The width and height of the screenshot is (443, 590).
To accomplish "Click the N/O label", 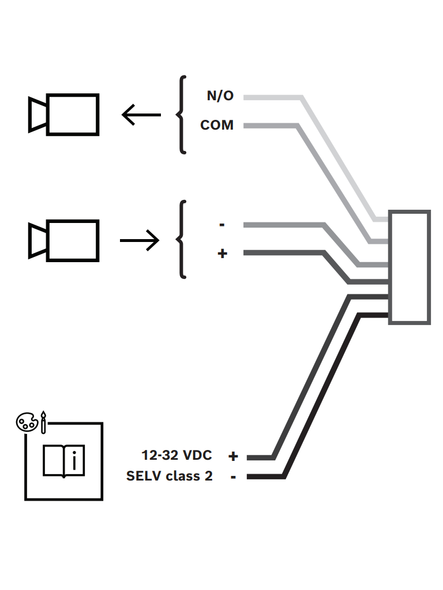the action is click(220, 96).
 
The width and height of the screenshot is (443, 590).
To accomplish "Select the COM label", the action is click(217, 125).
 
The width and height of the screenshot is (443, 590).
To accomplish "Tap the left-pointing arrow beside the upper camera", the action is click(141, 115).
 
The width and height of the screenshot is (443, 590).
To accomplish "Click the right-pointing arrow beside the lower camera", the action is click(140, 240).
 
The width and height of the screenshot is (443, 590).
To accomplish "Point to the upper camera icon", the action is click(63, 115).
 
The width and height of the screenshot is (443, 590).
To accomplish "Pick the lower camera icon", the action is click(63, 240).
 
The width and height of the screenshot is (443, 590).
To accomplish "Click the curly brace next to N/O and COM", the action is click(181, 115).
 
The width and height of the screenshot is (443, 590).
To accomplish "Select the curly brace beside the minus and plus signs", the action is click(181, 240).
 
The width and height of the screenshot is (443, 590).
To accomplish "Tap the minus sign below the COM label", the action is click(222, 225).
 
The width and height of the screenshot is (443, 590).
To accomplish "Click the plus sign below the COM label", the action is click(222, 254).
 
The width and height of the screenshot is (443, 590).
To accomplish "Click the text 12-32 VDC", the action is click(177, 455).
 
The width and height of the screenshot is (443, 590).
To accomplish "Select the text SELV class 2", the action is click(169, 476).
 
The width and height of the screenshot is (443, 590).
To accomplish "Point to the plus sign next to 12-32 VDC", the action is click(233, 456).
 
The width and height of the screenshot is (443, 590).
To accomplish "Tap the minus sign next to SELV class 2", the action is click(233, 477).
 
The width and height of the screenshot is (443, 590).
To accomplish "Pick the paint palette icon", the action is click(27, 422).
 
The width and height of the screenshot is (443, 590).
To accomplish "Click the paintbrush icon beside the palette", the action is click(43, 422).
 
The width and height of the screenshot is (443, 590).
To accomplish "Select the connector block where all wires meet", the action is click(410, 267).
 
